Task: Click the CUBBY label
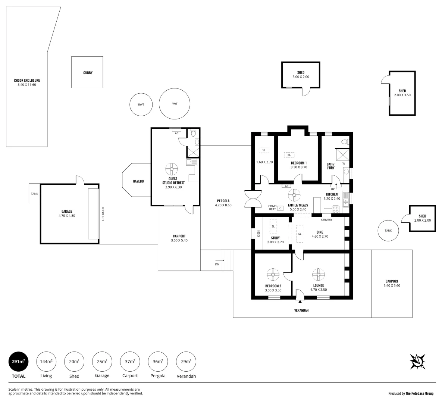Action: point(88,73)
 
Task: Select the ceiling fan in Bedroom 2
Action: point(273,274)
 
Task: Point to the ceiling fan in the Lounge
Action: point(319,274)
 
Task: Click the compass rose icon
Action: point(417,362)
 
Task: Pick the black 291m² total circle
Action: point(19,362)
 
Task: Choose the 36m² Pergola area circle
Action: point(158,362)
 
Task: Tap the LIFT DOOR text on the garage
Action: point(103,214)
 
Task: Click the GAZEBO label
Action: point(138,181)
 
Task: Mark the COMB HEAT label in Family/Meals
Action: point(272,207)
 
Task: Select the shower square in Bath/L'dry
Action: point(342,155)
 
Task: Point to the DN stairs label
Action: point(217,264)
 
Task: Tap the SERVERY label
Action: point(326,220)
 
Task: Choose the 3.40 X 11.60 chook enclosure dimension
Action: point(27,85)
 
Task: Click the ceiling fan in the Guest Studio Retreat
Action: point(172,169)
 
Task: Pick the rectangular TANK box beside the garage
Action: point(35,194)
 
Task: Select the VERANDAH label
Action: point(301,310)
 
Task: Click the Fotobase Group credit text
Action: point(411,393)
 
